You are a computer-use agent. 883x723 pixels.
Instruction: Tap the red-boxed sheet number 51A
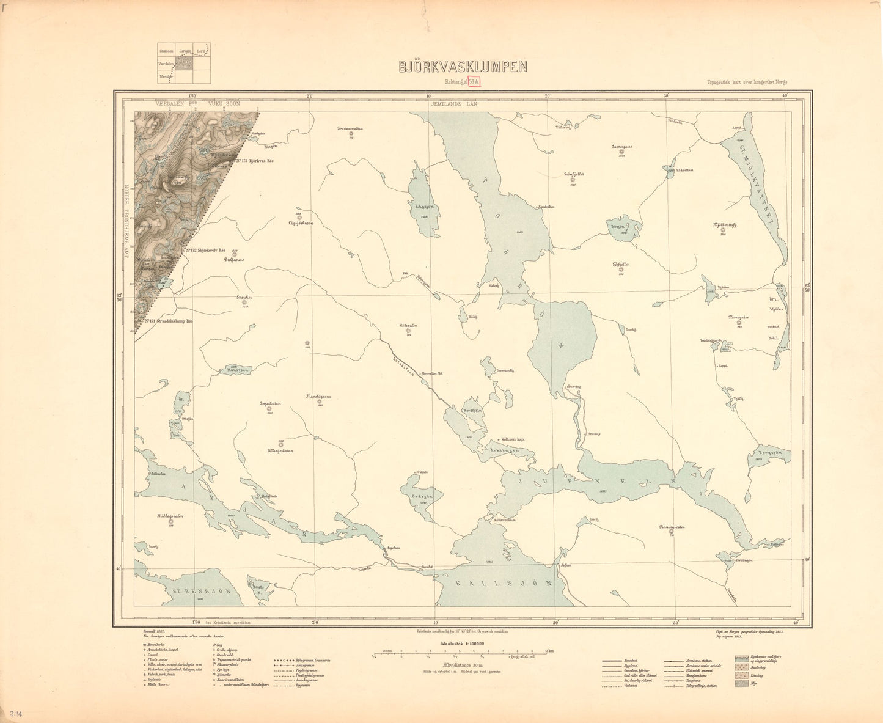point(474,81)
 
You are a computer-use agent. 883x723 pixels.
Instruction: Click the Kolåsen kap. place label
point(513,439)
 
